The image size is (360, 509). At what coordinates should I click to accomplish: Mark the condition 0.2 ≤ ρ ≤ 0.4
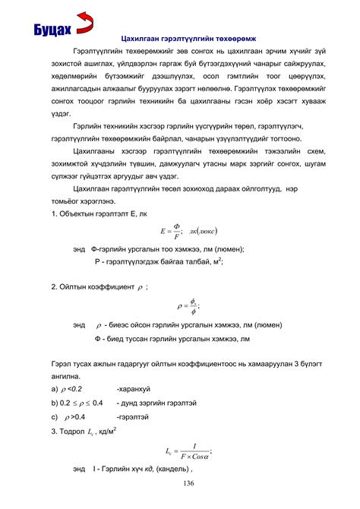pos(77,403)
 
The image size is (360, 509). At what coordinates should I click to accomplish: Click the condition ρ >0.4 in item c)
pos(74,417)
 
